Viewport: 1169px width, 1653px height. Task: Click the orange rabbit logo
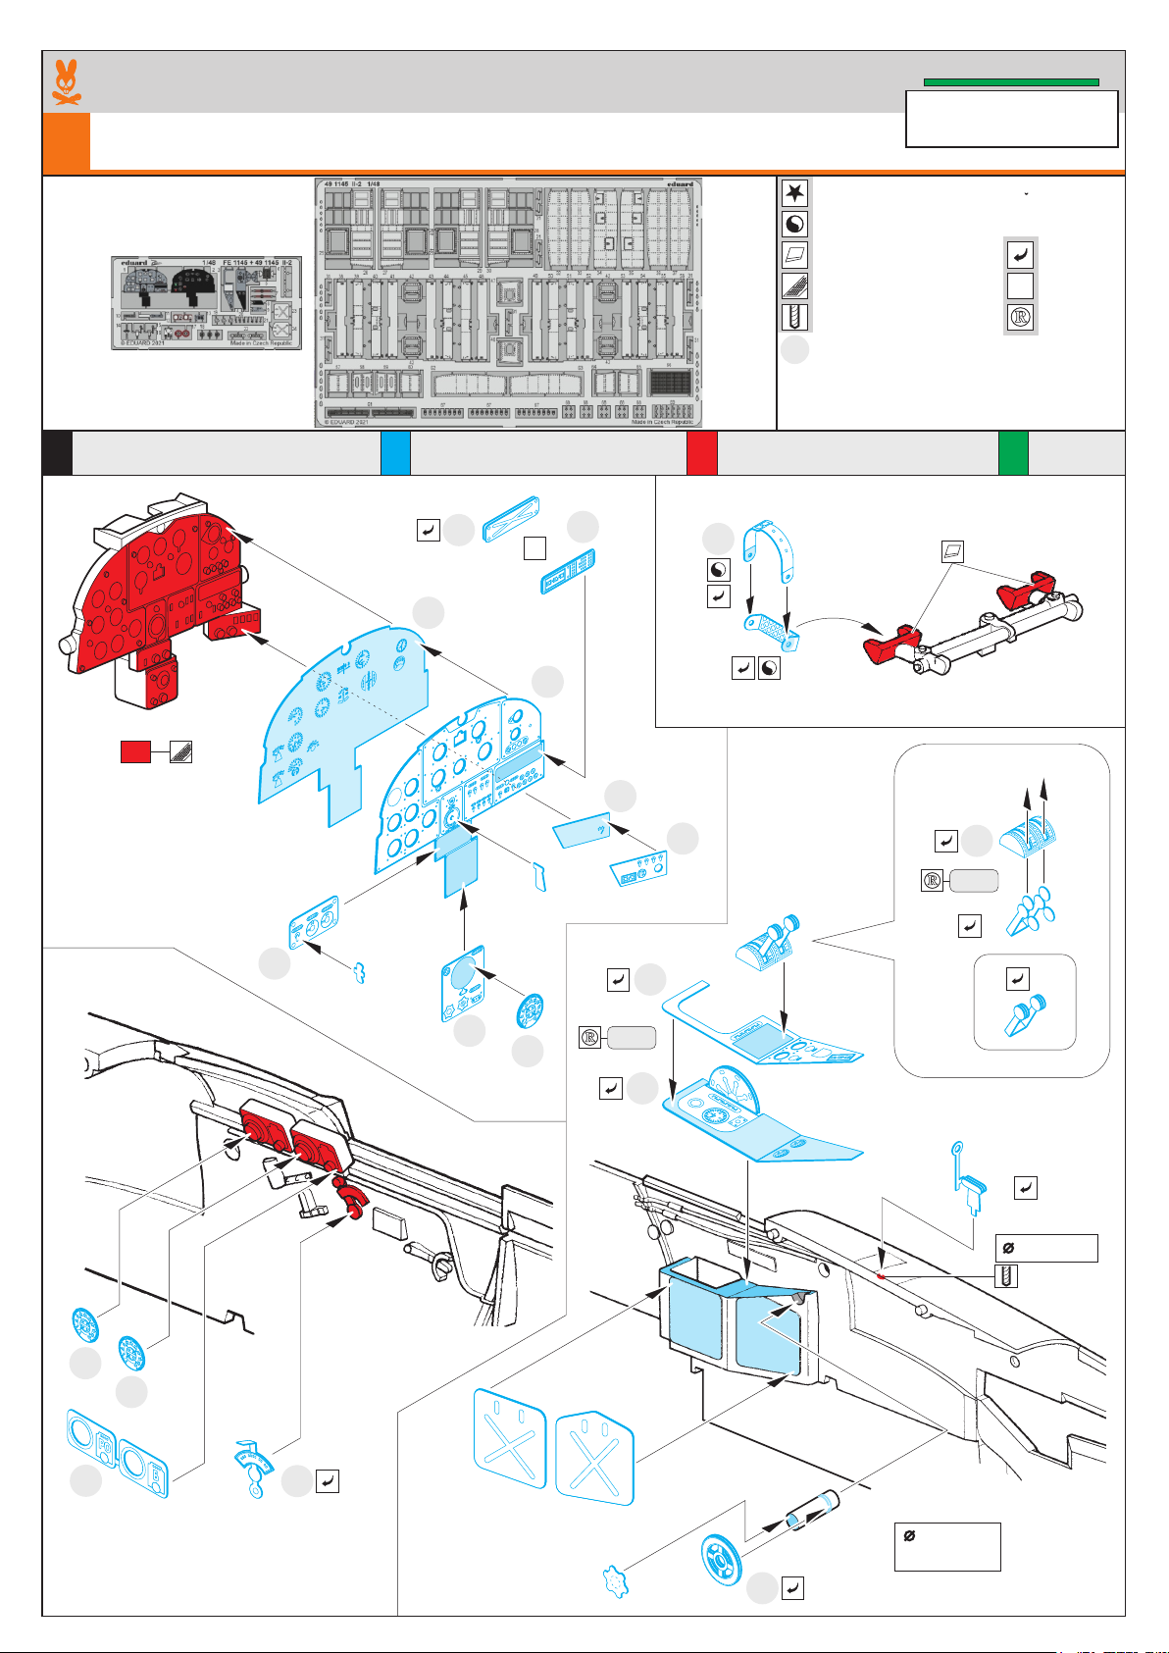66,82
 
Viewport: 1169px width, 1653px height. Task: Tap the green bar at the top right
1010,82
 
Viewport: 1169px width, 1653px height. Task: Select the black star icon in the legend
794,192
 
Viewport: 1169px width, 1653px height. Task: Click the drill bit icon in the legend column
794,317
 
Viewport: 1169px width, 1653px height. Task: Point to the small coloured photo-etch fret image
206,303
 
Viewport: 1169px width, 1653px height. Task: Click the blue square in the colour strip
395,453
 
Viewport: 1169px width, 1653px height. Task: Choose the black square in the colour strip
57,453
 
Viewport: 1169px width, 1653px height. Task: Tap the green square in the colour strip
1013,453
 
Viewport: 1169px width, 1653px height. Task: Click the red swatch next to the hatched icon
135,752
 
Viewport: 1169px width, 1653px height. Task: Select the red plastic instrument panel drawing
157,608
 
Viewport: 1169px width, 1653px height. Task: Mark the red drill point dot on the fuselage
882,1276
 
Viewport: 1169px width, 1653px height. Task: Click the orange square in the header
66,141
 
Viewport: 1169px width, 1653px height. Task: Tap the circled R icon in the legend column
1021,318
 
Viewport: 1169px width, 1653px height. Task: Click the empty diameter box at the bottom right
947,1546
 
